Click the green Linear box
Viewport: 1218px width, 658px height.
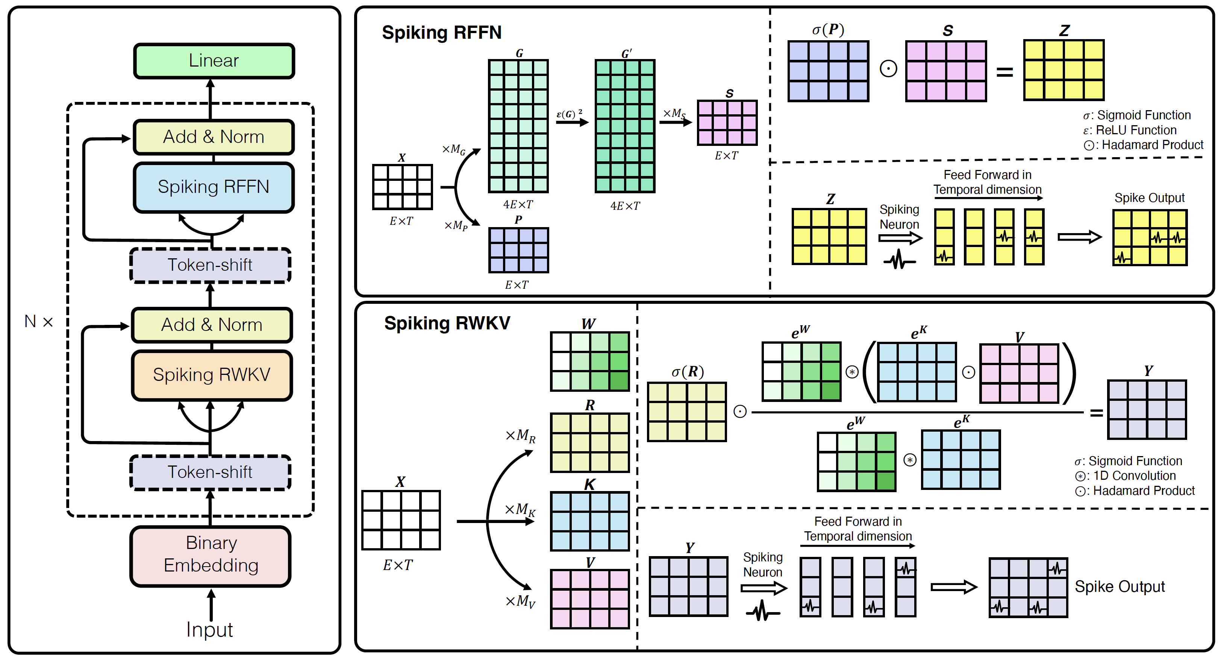pyautogui.click(x=214, y=61)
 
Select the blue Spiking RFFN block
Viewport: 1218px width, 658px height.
pyautogui.click(x=214, y=187)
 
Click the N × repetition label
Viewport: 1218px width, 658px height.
pyautogui.click(x=38, y=321)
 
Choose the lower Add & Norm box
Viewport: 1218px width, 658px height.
pyautogui.click(x=212, y=325)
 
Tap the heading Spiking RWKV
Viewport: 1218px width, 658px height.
pyautogui.click(x=447, y=323)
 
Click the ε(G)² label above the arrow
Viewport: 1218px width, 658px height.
pyautogui.click(x=569, y=114)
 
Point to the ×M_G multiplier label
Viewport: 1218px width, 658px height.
pyautogui.click(x=453, y=150)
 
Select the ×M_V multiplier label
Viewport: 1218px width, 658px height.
pyautogui.click(x=520, y=601)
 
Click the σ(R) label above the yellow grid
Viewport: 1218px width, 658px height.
pyautogui.click(x=688, y=372)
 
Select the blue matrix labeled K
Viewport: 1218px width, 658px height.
pyautogui.click(x=589, y=521)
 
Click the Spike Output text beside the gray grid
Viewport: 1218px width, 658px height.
pyautogui.click(x=1119, y=587)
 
